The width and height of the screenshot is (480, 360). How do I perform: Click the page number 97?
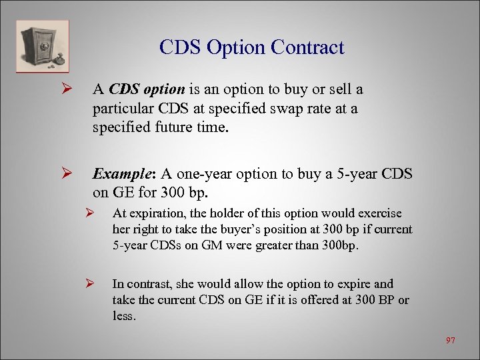tap(451, 341)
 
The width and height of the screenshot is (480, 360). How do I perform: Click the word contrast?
tap(147, 284)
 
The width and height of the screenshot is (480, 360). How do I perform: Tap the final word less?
tap(124, 316)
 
